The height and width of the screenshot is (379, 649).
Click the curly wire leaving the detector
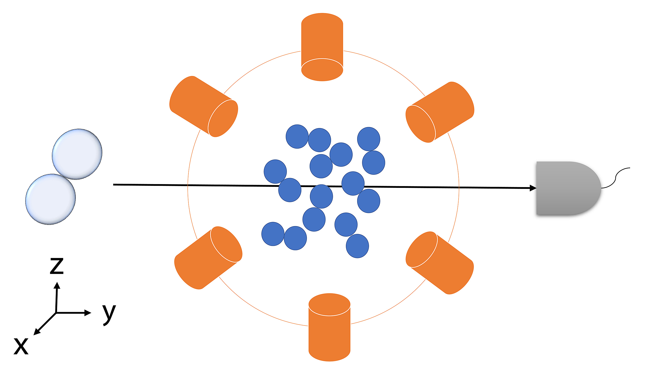pos(615,178)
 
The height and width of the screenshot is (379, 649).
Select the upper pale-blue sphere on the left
pos(77,154)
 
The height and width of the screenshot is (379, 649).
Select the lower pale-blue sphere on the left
pos(51,199)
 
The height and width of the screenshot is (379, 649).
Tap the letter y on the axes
pos(109,314)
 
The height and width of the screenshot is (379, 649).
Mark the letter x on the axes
pos(21,346)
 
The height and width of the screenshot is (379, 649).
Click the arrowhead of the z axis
pos(57,285)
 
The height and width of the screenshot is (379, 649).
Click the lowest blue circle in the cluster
pos(357,246)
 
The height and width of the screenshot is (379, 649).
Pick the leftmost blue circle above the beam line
pos(275,172)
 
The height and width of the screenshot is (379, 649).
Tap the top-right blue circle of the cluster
pos(369,139)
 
